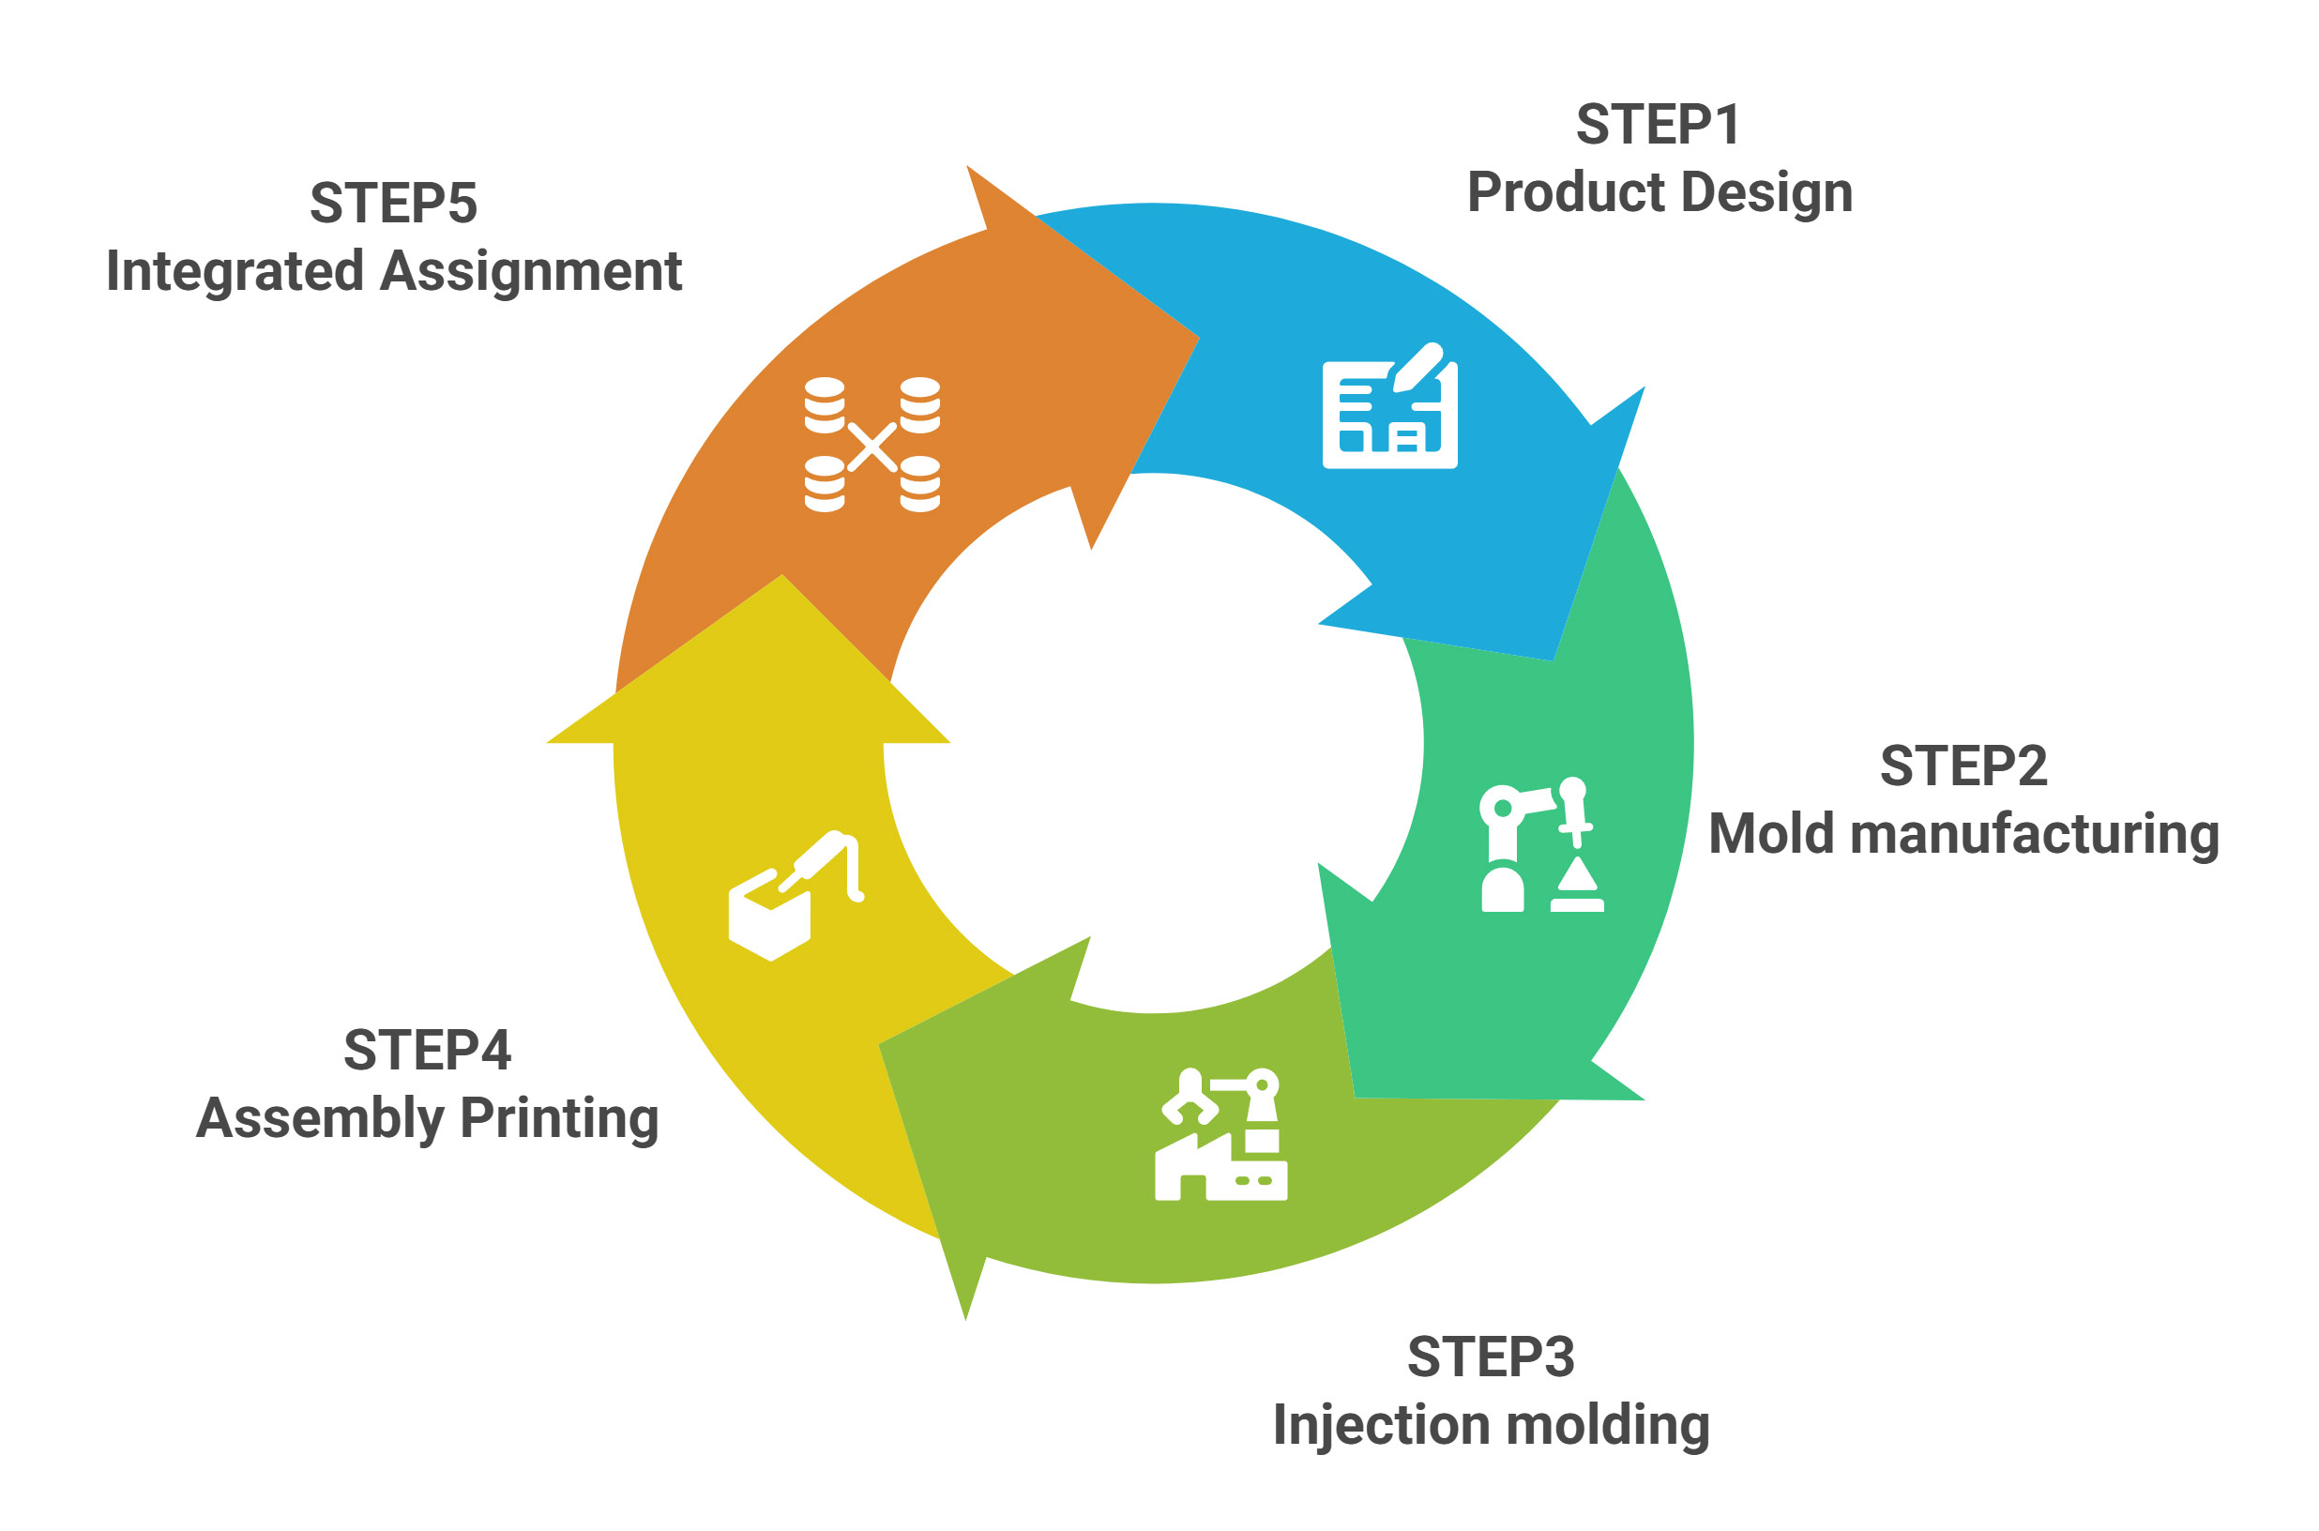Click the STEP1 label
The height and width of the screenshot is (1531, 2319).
click(x=1657, y=125)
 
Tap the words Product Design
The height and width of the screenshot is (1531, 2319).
click(x=1659, y=192)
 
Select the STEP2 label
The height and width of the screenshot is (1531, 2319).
click(x=1963, y=765)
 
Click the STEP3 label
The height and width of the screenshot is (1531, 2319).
click(x=1490, y=1357)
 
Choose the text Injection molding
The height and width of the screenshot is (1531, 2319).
click(x=1490, y=1425)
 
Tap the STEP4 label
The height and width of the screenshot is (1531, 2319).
click(x=427, y=1051)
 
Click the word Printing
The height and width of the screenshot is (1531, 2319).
click(x=558, y=1118)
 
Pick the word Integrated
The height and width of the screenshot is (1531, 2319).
click(x=235, y=271)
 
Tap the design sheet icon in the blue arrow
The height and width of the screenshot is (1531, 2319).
click(x=1388, y=406)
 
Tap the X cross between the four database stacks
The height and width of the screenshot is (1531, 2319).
click(x=872, y=447)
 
